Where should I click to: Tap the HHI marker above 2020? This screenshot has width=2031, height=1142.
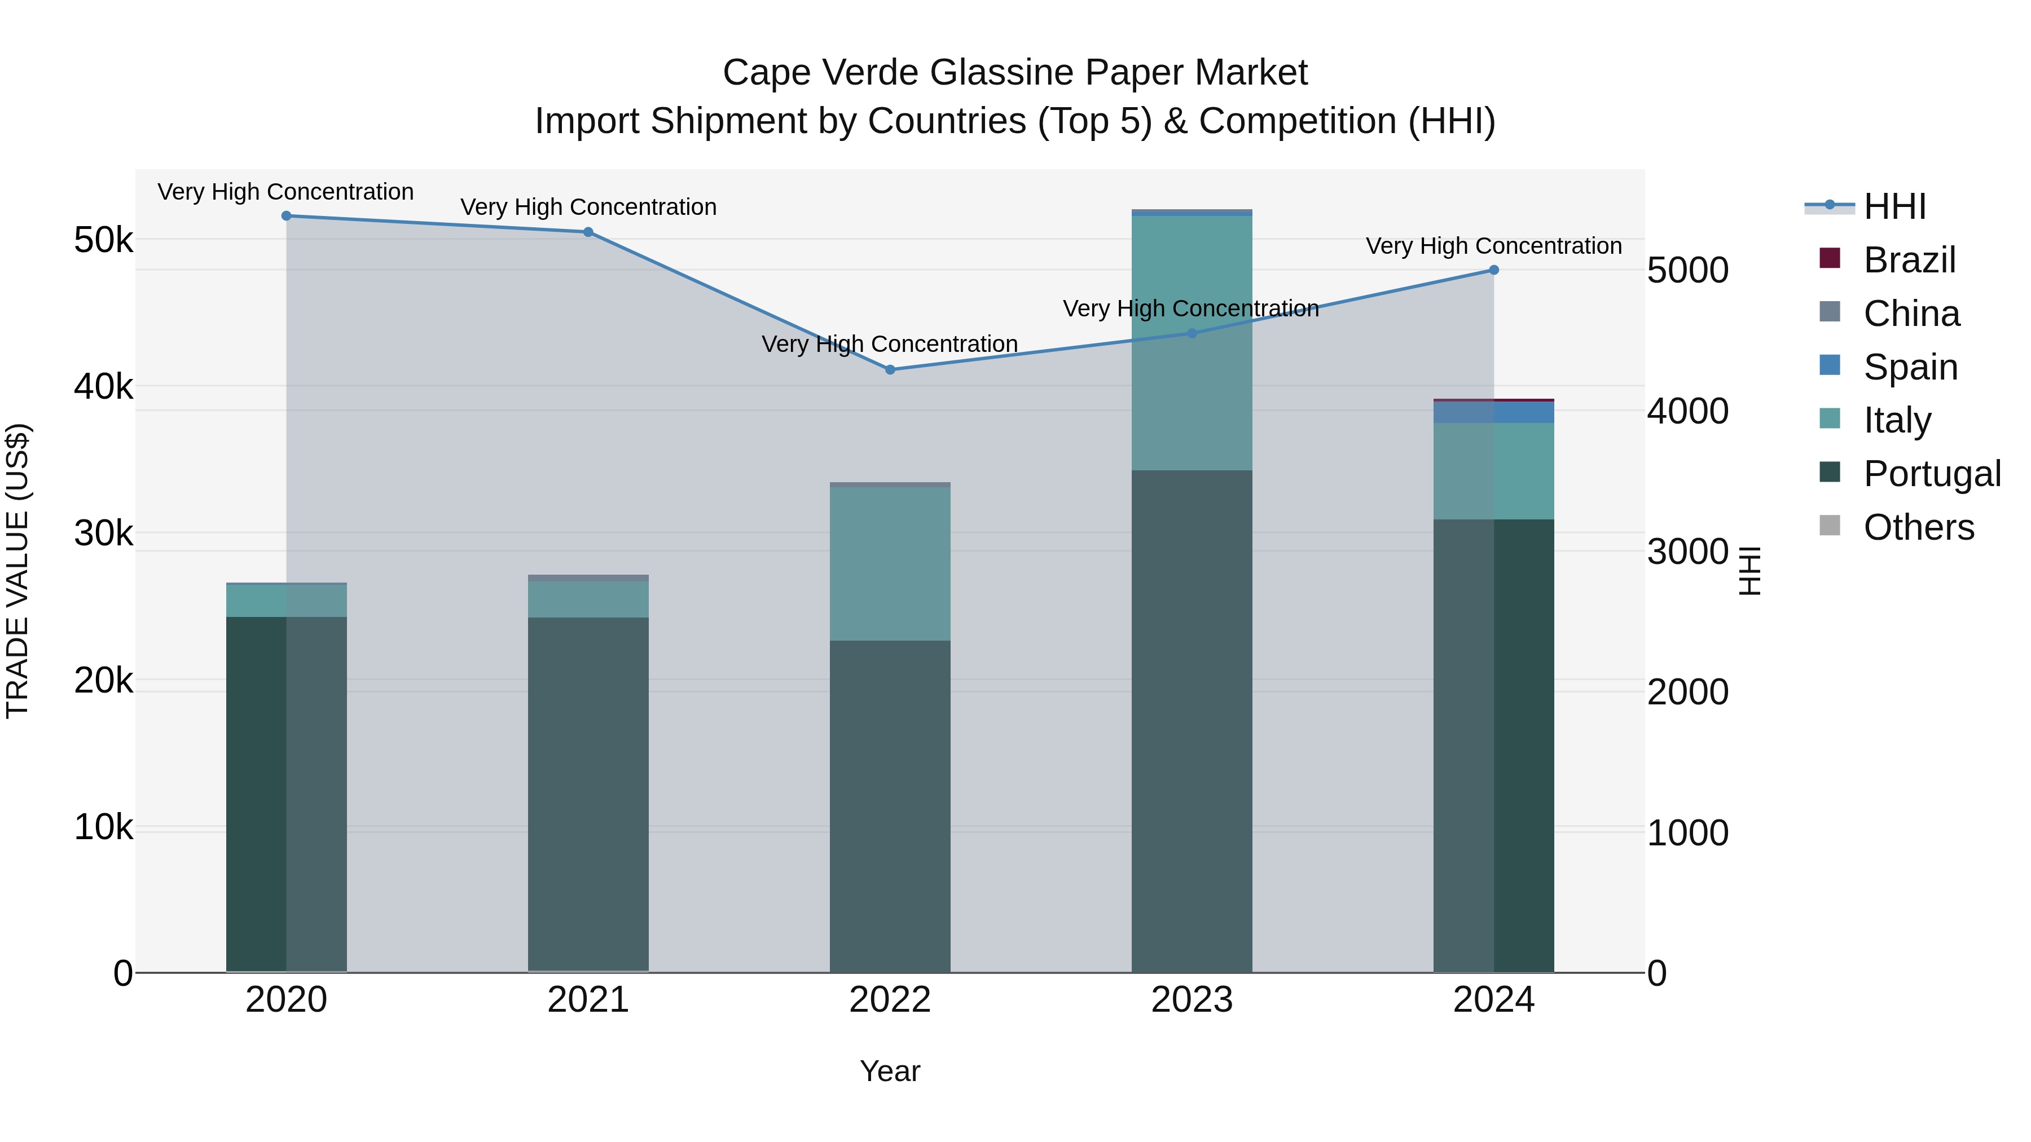tap(286, 216)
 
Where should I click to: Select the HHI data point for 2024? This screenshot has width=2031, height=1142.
tap(1493, 270)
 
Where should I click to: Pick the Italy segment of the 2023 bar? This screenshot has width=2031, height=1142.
tap(1192, 343)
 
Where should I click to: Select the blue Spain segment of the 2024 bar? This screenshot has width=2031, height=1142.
tap(1493, 412)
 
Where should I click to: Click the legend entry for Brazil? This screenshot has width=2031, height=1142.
tap(1909, 260)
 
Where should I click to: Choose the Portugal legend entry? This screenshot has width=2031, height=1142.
tap(1931, 474)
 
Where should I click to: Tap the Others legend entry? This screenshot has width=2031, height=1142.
tap(1918, 527)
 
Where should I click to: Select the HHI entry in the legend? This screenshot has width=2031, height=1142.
tap(1894, 206)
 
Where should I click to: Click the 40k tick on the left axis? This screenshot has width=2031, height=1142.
tap(103, 387)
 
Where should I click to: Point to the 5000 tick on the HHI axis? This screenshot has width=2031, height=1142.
tap(1687, 270)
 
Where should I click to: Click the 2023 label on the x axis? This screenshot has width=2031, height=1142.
tap(1192, 1000)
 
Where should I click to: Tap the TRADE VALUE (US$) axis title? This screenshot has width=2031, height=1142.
tap(18, 571)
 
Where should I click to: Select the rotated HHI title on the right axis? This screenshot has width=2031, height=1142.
tap(1749, 571)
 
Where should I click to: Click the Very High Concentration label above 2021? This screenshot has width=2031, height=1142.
tap(588, 208)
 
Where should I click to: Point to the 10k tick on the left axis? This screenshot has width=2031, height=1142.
tap(103, 827)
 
